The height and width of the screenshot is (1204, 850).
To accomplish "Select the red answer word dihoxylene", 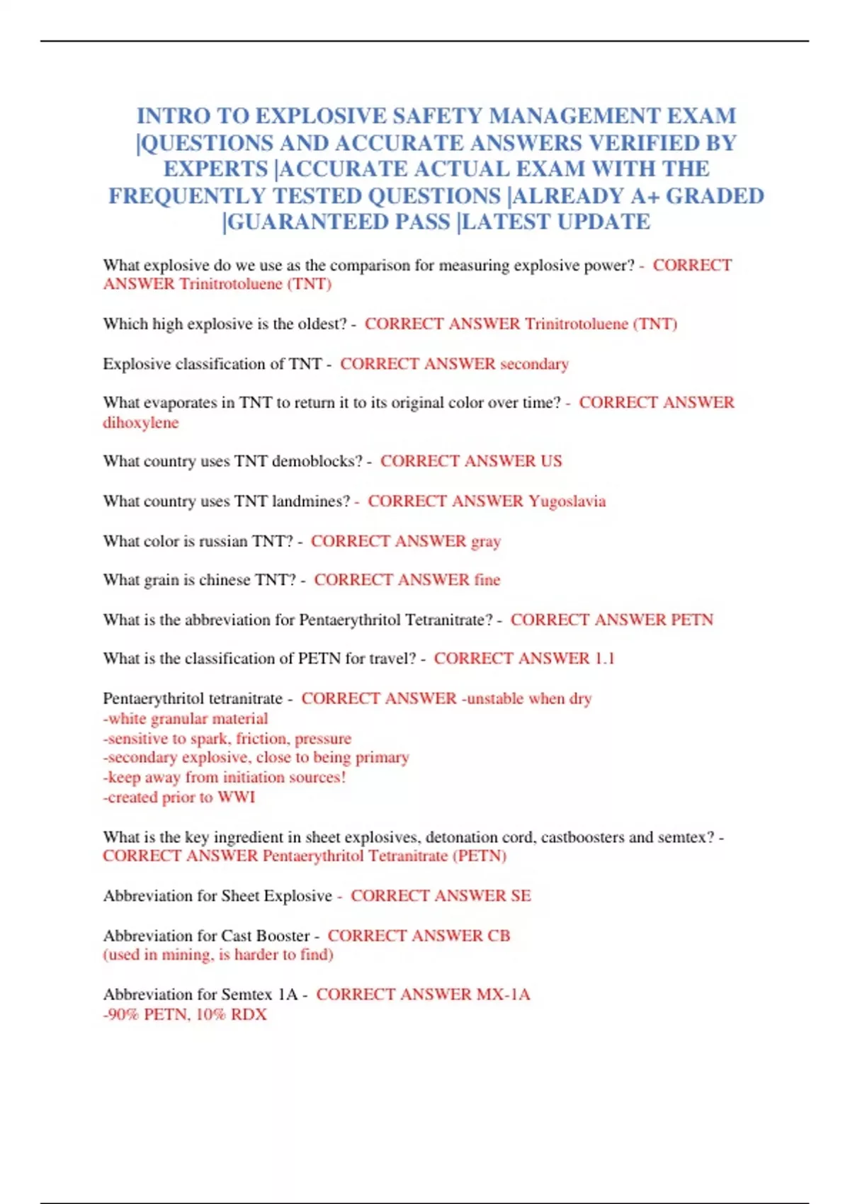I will click(141, 423).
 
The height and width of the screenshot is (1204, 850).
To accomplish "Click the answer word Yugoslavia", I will click(567, 501).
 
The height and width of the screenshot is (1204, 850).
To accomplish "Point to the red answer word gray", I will click(486, 542).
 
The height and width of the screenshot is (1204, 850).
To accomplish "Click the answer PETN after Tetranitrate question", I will click(692, 620).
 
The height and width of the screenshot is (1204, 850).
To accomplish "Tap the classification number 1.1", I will click(604, 659).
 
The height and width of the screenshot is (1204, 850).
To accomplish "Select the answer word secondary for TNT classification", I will click(534, 364).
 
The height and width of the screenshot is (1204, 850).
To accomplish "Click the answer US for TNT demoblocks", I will click(551, 461).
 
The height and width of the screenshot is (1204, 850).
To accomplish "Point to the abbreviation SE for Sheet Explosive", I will click(521, 896).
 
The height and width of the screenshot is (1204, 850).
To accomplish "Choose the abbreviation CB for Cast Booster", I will click(499, 936).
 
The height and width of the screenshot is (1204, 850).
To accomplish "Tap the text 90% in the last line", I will click(121, 1015).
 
